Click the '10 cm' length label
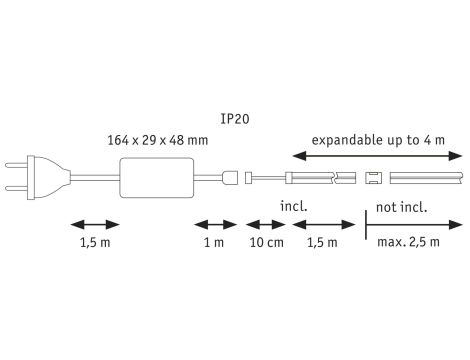click(265, 242)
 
